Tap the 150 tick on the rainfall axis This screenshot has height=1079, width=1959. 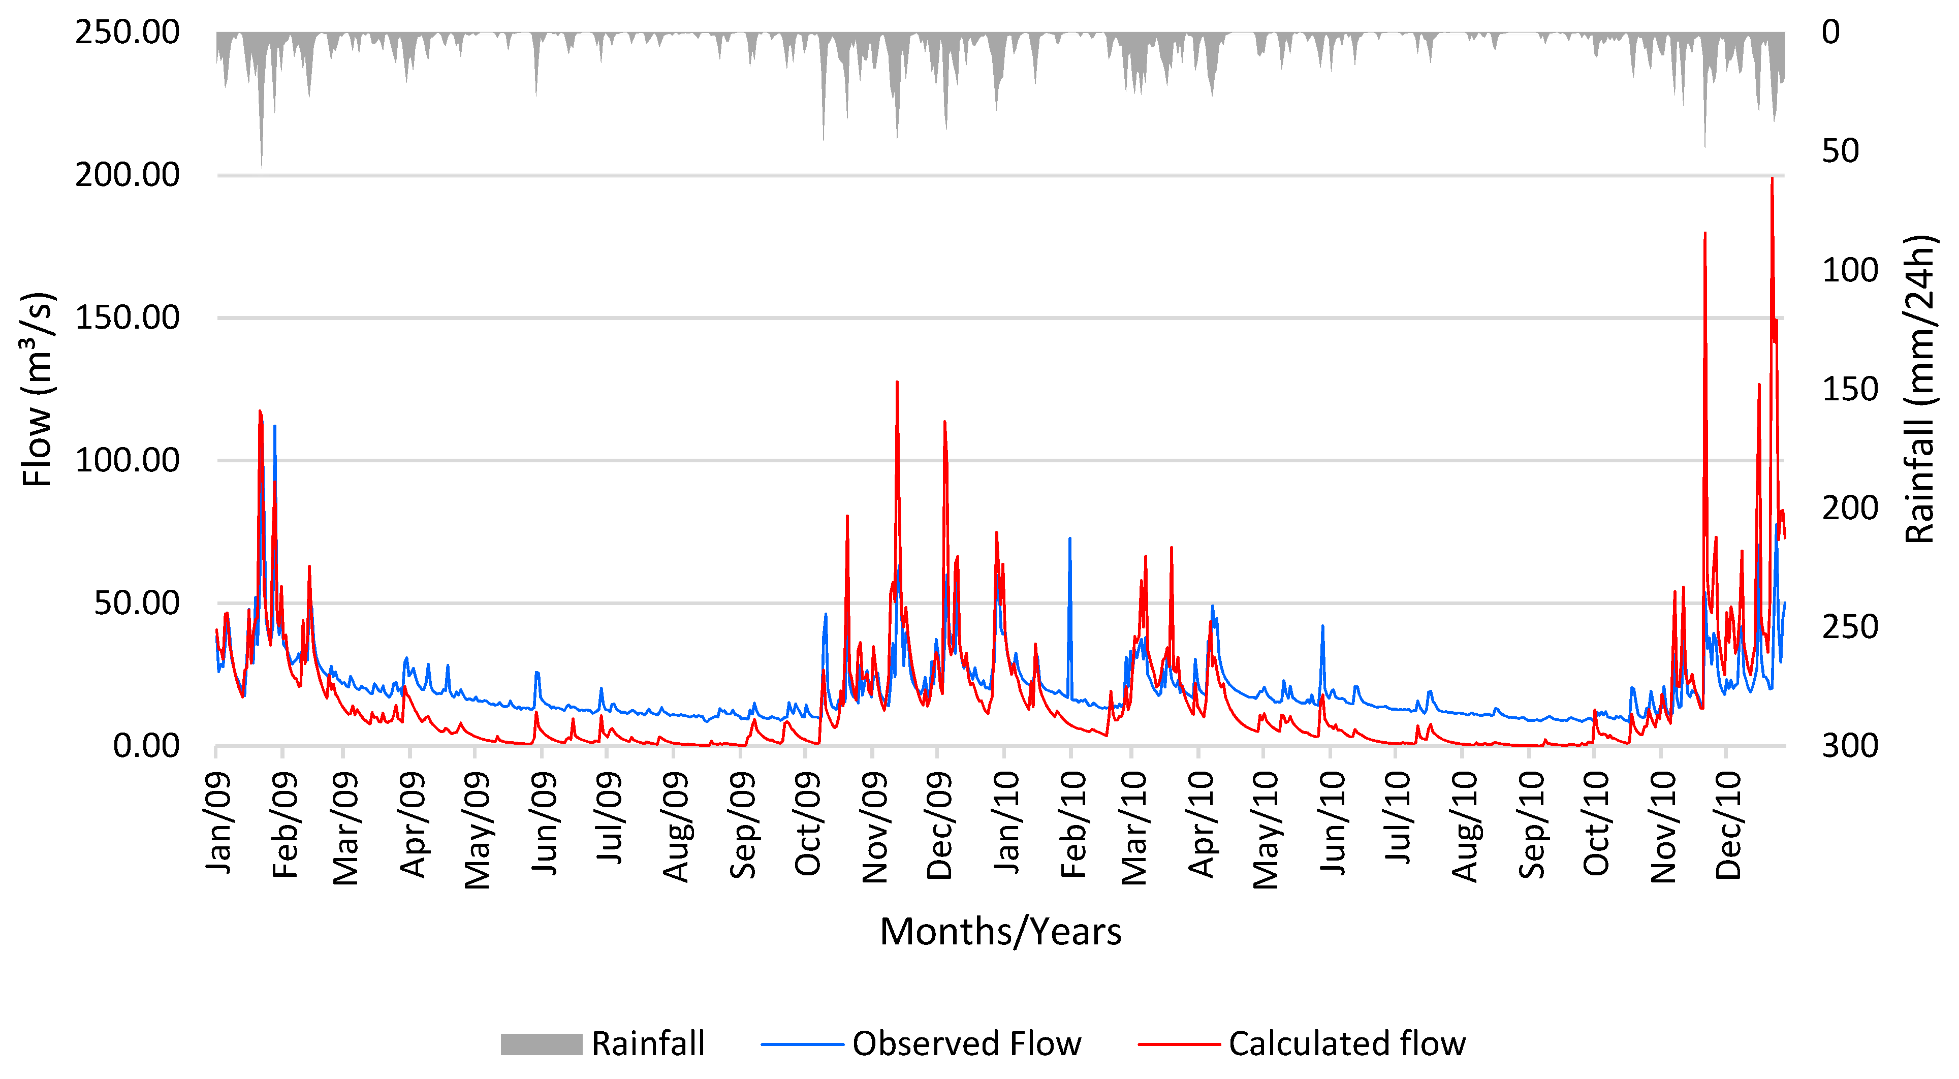pyautogui.click(x=1849, y=389)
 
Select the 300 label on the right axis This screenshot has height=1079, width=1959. pyautogui.click(x=1849, y=746)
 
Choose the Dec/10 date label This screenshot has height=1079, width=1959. pyautogui.click(x=1728, y=826)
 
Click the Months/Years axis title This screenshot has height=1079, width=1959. pyautogui.click(x=1000, y=932)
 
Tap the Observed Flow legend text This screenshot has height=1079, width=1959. pyautogui.click(x=966, y=1044)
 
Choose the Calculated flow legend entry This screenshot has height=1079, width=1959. pyautogui.click(x=1346, y=1044)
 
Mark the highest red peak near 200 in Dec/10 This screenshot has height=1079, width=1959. pyautogui.click(x=1772, y=179)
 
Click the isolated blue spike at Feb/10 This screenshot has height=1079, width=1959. pyautogui.click(x=1069, y=540)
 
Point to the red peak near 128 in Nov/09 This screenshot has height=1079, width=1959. pyautogui.click(x=897, y=383)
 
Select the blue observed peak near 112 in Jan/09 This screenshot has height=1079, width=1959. pyautogui.click(x=274, y=427)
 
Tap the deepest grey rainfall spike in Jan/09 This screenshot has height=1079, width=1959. pyautogui.click(x=262, y=166)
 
